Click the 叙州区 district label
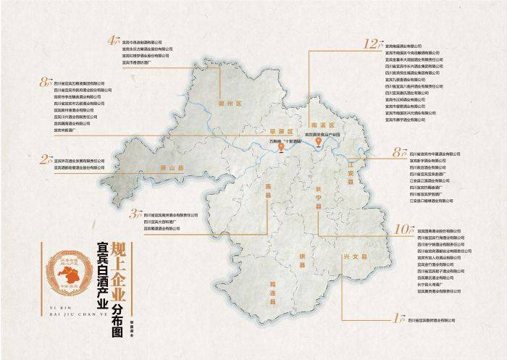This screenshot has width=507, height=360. [x=229, y=104]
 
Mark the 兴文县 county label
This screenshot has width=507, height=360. [x=355, y=256]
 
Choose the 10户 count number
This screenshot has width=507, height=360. [x=403, y=229]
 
